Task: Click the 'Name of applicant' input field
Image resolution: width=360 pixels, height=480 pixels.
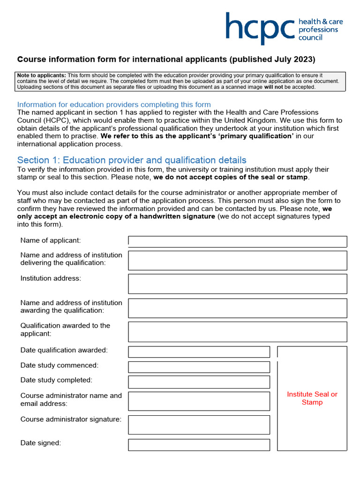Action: point(238,241)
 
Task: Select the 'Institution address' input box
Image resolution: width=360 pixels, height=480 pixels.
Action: point(238,284)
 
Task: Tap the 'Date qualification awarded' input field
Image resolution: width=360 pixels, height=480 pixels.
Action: point(199,352)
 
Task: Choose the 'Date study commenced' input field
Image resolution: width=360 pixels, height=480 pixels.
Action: point(199,367)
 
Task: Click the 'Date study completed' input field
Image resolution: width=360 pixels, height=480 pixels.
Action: point(199,382)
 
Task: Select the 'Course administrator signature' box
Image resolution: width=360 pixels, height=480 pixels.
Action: point(199,425)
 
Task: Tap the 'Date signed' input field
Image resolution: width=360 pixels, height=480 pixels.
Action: point(199,445)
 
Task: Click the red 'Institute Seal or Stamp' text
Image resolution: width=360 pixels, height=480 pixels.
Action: point(312,398)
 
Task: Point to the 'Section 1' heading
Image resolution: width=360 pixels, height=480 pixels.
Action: point(131,160)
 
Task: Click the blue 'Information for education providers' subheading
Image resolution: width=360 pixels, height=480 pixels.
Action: point(114,105)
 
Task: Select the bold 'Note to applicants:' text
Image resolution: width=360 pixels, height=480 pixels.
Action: point(41,75)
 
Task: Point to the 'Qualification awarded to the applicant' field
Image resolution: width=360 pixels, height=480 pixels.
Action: point(238,331)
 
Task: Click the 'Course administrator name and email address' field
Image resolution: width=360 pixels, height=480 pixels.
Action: point(199,401)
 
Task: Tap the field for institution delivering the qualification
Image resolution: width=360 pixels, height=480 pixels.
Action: point(238,260)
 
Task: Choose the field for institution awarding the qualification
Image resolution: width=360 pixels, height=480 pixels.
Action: point(238,308)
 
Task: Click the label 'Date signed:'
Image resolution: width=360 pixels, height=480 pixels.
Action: point(41,443)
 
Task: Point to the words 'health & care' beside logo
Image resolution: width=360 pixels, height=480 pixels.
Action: point(321,22)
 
